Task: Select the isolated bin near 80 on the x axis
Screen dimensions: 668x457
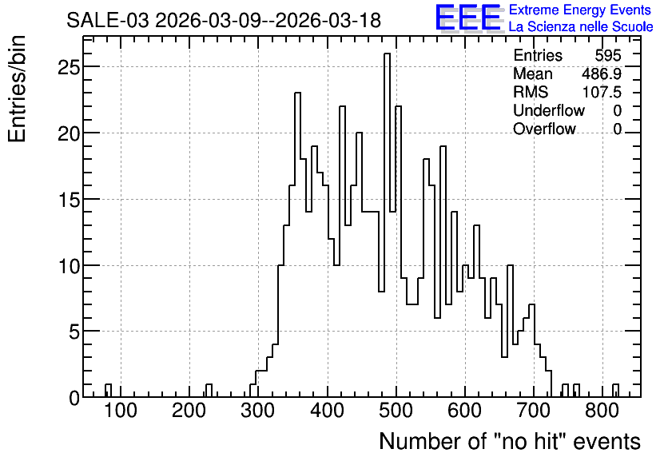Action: tap(108, 391)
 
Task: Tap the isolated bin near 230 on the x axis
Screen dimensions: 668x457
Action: tap(209, 391)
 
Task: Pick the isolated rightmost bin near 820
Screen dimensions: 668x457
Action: tap(615, 391)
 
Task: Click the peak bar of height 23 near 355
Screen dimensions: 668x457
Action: tap(297, 245)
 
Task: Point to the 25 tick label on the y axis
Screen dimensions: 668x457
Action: tap(69, 67)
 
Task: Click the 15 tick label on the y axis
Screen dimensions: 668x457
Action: tap(69, 199)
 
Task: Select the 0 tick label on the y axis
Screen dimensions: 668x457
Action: tap(74, 398)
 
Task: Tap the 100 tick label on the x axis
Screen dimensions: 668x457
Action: tap(121, 411)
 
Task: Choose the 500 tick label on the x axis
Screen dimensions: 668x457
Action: tap(396, 411)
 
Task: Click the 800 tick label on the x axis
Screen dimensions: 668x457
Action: tap(602, 411)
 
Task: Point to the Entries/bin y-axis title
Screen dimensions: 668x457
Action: tap(17, 89)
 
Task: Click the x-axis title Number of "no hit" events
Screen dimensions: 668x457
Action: tap(510, 441)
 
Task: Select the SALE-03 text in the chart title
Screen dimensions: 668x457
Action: tap(108, 20)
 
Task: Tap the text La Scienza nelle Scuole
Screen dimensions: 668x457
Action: tap(581, 27)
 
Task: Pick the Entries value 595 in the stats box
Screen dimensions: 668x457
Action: tap(608, 55)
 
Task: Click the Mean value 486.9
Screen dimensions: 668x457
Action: tap(602, 74)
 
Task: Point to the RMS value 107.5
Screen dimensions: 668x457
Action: tap(602, 92)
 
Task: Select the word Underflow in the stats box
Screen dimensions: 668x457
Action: tap(549, 110)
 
